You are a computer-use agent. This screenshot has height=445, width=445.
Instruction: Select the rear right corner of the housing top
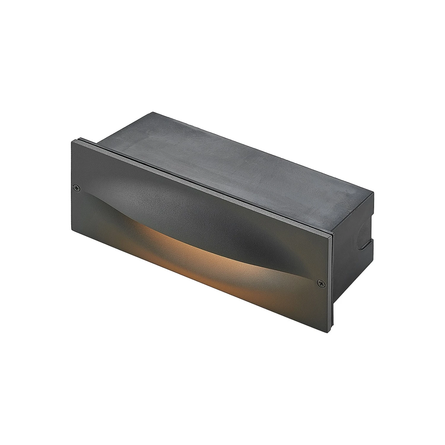tap(373, 192)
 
